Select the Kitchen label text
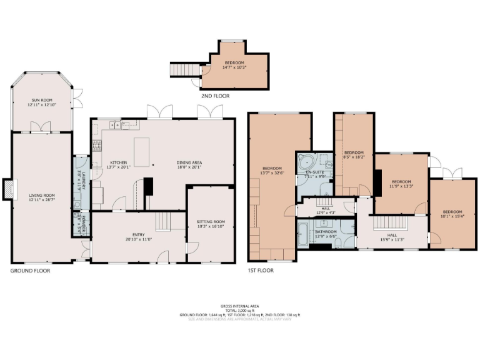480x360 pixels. tap(119, 164)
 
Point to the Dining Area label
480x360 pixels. tap(189, 164)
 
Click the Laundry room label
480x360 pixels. tap(81, 181)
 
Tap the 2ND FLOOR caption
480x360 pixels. tap(215, 96)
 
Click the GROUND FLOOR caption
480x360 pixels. tap(30, 271)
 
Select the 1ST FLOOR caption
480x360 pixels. tap(260, 271)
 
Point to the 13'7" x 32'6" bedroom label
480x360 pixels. tap(272, 171)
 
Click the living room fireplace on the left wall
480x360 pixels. tap(6, 189)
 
